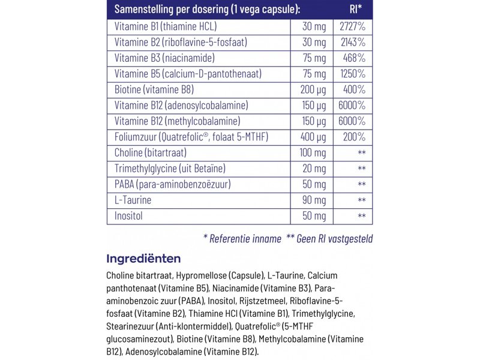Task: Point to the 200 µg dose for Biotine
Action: (x=313, y=90)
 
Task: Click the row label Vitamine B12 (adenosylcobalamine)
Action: (x=178, y=106)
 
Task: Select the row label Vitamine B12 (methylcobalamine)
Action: (x=173, y=121)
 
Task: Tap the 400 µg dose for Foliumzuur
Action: (x=313, y=137)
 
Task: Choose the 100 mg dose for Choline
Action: (x=313, y=152)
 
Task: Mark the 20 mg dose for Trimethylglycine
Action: (x=316, y=168)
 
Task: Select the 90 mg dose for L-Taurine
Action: (x=316, y=199)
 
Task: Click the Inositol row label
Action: (x=128, y=215)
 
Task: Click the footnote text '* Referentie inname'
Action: (x=242, y=239)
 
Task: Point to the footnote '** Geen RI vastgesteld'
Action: (x=329, y=239)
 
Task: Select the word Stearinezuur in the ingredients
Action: (x=129, y=326)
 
